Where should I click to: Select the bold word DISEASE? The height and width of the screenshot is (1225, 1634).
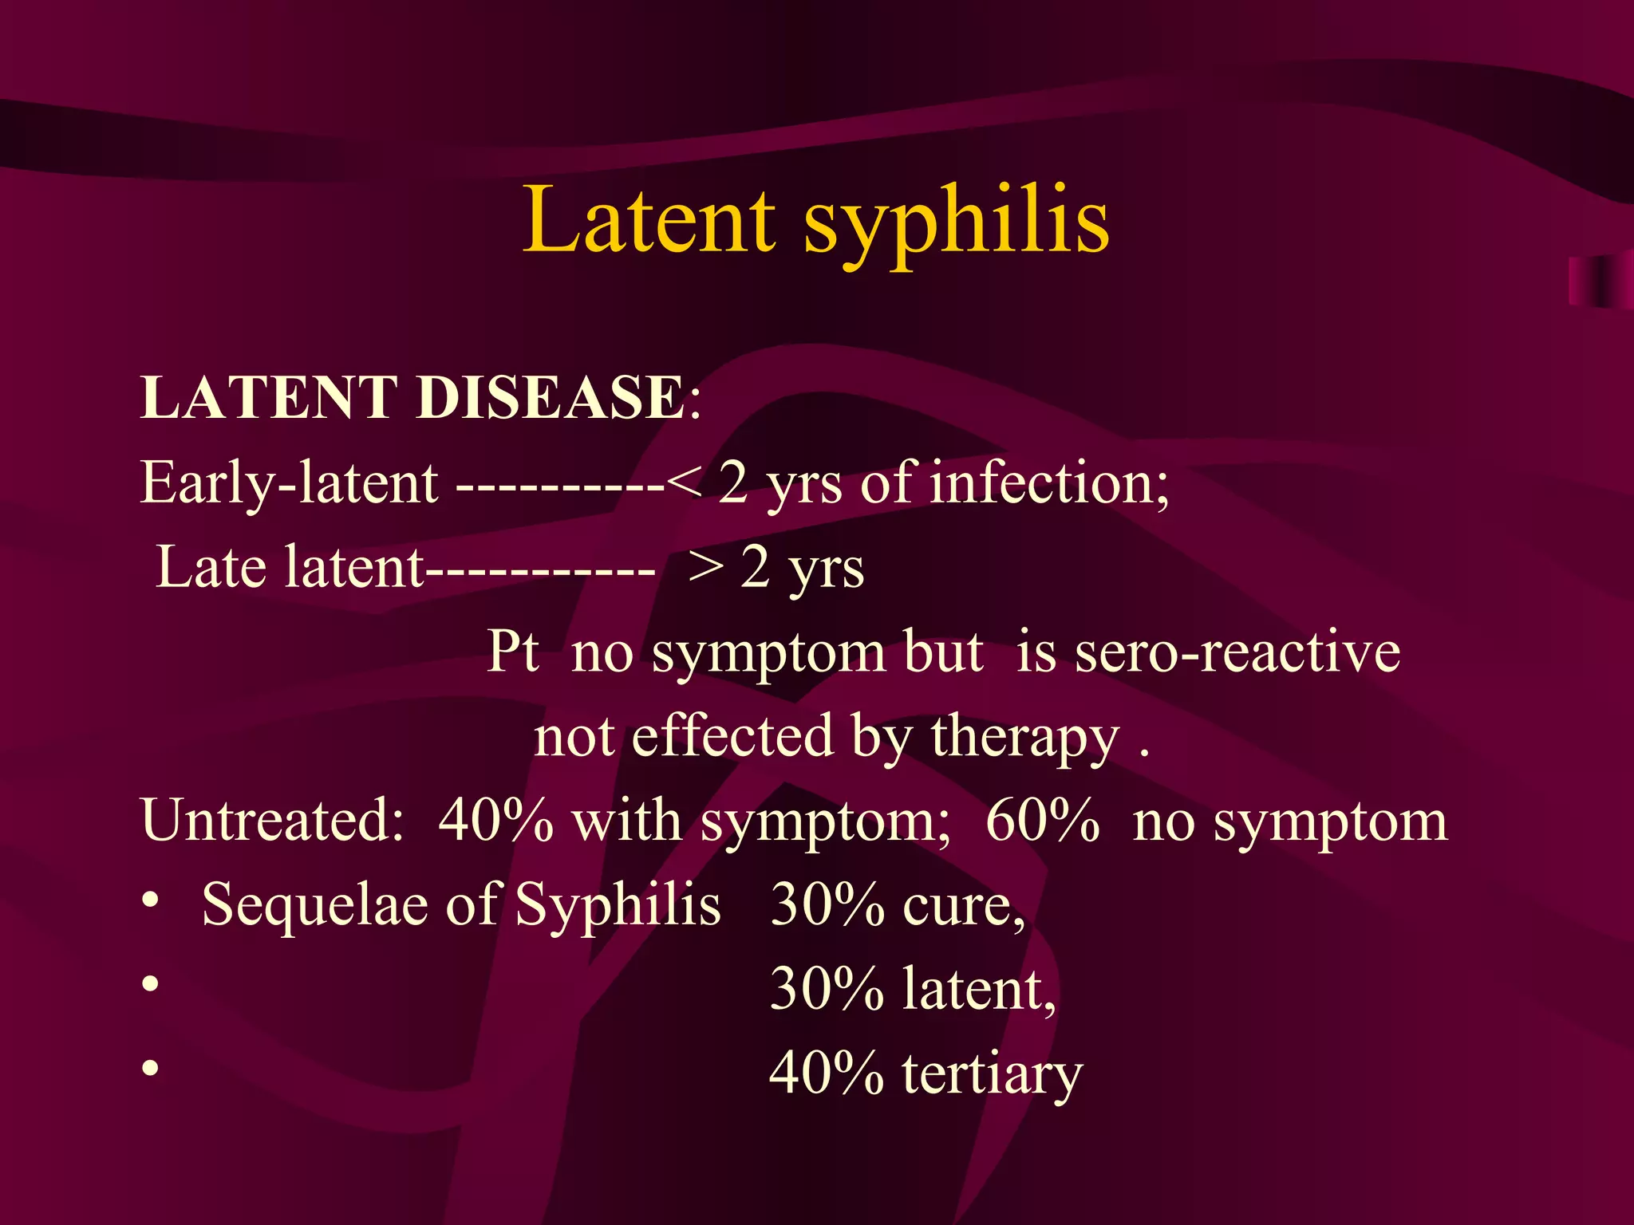point(551,397)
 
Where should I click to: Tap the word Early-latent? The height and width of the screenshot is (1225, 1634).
point(289,483)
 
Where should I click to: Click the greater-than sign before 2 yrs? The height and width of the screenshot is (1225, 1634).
point(706,569)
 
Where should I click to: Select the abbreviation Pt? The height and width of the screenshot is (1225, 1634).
point(513,652)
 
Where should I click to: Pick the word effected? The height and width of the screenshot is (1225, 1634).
point(731,736)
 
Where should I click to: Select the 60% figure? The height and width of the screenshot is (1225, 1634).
point(1042,821)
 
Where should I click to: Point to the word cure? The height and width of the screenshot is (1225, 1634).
point(964,907)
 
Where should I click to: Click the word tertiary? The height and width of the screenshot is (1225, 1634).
point(992,1074)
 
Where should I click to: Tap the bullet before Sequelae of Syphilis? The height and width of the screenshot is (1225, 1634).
point(151,902)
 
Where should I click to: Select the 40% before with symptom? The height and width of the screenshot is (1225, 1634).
point(495,821)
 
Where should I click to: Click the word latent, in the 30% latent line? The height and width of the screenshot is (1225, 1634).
point(979,990)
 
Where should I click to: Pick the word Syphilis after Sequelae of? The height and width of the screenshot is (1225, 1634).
point(618,907)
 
